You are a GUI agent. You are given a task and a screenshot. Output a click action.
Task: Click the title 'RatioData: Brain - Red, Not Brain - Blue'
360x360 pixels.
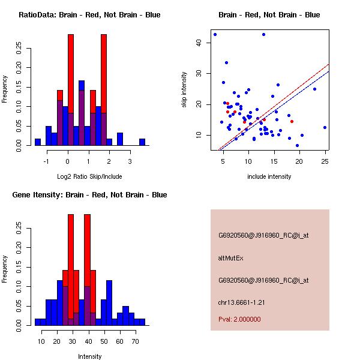tap(89, 15)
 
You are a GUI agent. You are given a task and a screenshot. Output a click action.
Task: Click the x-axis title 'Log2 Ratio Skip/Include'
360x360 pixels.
tap(89, 176)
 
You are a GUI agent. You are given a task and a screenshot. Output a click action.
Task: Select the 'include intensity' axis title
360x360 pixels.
tap(269, 176)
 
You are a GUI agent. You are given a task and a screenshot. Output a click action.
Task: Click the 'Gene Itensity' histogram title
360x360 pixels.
tap(89, 195)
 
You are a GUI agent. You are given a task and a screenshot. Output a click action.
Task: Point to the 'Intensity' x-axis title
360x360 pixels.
tap(89, 356)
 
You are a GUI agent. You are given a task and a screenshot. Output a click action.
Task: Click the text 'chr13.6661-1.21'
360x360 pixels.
tap(238, 302)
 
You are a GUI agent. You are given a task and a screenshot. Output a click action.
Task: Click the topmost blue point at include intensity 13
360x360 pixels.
tap(263, 34)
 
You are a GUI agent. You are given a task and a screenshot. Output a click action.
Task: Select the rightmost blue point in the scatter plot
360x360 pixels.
tap(325, 127)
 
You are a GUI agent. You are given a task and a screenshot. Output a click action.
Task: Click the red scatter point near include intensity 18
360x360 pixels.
tap(292, 121)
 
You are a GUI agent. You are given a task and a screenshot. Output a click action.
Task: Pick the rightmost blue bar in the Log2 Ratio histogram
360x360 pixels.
tap(142, 142)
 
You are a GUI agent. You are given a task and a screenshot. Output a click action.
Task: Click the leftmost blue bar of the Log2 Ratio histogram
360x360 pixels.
tap(38, 142)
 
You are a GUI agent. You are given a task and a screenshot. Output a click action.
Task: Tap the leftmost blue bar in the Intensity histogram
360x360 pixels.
tap(38, 322)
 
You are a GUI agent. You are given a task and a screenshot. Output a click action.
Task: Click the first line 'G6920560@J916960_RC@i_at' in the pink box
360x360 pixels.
tap(263, 236)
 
